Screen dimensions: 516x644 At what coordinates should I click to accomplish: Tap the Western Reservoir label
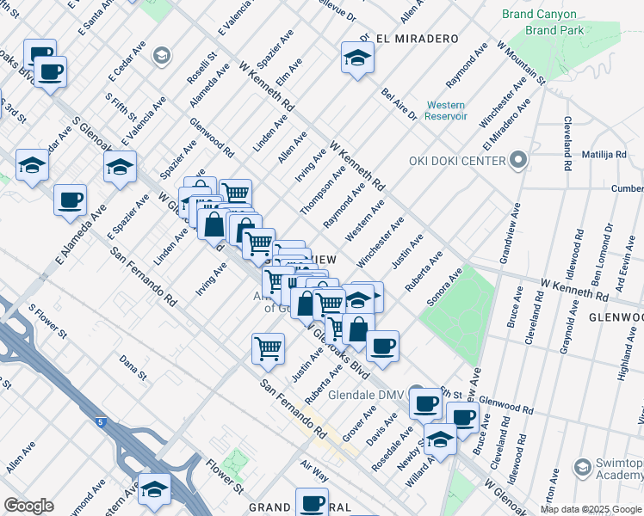click(444, 110)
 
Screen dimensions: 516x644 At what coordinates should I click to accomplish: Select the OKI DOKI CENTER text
click(456, 161)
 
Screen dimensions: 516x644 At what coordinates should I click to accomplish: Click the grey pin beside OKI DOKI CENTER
click(517, 160)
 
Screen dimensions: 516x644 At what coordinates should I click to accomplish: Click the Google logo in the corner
click(28, 505)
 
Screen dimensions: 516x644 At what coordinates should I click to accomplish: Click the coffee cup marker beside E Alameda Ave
click(70, 200)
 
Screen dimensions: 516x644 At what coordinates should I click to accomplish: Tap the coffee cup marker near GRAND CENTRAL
click(312, 502)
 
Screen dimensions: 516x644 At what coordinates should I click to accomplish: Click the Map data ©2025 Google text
click(591, 509)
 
